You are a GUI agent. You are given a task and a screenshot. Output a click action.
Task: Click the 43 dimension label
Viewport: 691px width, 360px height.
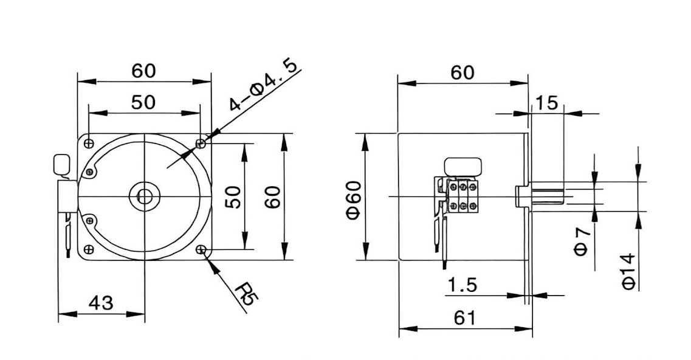pos(101,303)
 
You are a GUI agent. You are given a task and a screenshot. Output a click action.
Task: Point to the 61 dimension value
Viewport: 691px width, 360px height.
pos(464,317)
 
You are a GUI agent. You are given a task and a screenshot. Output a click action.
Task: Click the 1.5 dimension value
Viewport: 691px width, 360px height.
pos(462,285)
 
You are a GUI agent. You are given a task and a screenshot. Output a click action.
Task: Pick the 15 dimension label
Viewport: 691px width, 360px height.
pos(546,103)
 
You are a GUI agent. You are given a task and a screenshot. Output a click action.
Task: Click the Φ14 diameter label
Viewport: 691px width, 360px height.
pos(629,271)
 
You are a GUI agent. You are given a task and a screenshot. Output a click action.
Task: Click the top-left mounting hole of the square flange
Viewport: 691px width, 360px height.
pos(89,144)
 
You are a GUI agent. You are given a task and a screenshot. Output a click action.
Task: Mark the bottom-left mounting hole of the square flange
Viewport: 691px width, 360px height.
pos(89,250)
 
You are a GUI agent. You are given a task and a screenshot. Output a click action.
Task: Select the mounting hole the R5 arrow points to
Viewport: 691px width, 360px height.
pos(201,250)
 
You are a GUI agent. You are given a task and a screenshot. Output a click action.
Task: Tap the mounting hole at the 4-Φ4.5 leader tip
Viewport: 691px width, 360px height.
pos(201,144)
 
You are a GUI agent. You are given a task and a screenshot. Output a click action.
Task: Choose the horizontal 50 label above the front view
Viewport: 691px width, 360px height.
pos(143,102)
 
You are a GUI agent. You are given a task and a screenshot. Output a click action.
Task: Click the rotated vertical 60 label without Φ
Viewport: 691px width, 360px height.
pos(272,197)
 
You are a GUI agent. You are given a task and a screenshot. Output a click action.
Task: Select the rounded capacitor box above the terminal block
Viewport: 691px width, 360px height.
pos(463,167)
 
